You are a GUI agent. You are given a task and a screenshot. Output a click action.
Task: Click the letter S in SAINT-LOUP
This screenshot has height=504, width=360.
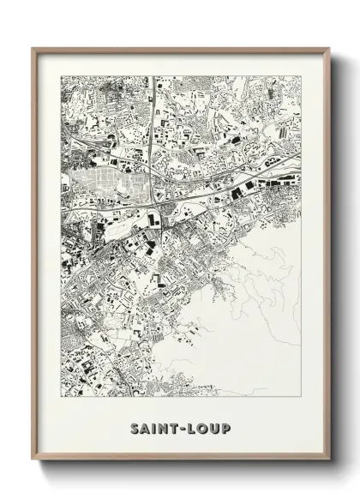point(135,428)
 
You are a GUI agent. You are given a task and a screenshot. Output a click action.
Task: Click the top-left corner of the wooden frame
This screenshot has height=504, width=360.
point(33,48)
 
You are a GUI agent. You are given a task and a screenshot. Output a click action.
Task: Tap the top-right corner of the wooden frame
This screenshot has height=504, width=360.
point(329,48)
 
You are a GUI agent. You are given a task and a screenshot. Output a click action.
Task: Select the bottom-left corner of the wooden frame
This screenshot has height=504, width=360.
point(33,460)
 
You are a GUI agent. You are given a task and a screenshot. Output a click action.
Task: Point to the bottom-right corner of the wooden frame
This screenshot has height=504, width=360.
point(329,460)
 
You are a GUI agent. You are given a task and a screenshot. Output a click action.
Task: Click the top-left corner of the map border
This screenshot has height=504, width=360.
point(61,76)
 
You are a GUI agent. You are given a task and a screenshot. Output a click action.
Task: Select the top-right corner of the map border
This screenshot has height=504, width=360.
point(302,76)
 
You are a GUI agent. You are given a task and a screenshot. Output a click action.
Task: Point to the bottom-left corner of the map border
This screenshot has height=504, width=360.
point(61,397)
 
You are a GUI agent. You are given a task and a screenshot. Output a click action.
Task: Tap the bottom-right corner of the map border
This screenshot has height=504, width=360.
point(302,397)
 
